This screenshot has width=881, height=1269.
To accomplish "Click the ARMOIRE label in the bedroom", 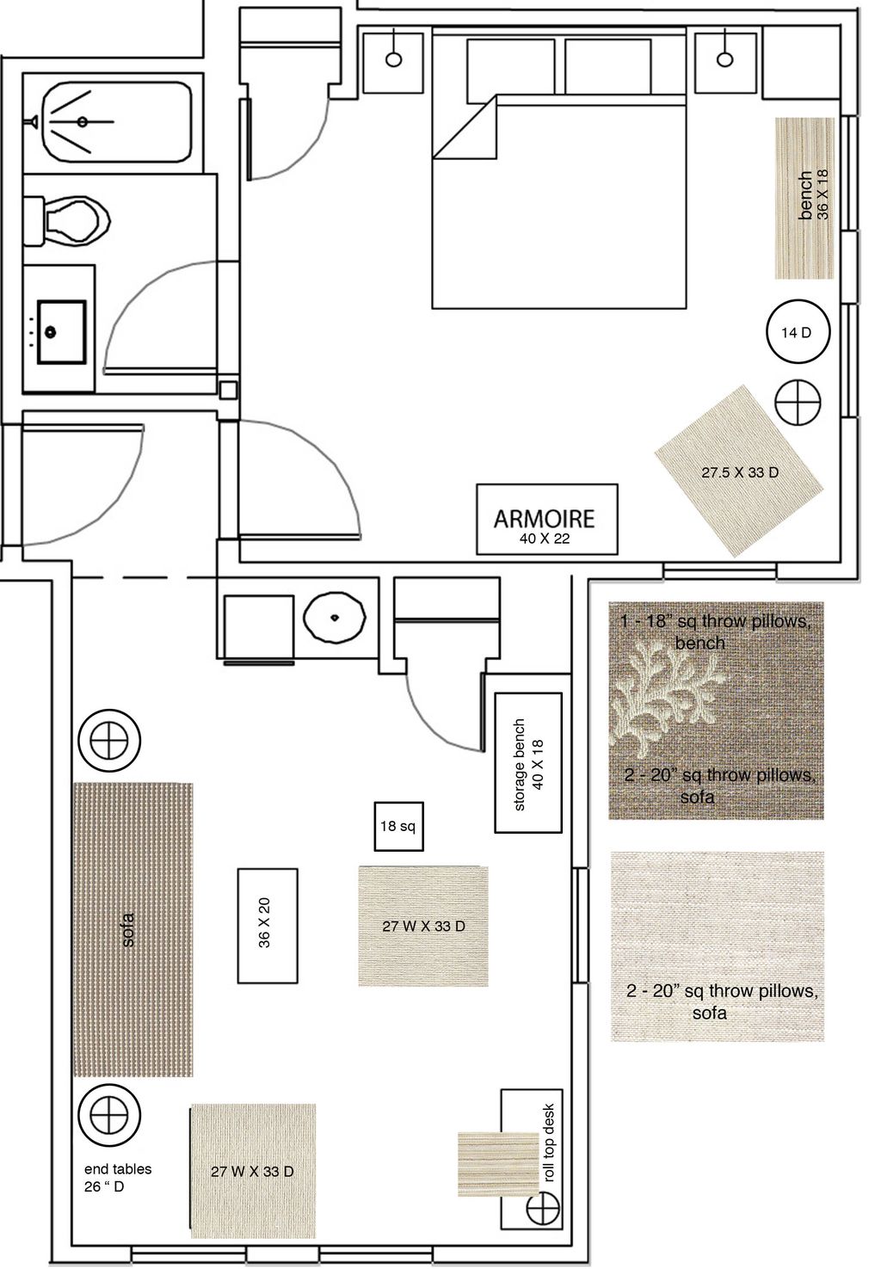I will pyautogui.click(x=544, y=518).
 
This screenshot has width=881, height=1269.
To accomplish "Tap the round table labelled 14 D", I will pyautogui.click(x=796, y=332).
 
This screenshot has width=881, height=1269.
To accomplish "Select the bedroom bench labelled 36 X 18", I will pyautogui.click(x=805, y=198).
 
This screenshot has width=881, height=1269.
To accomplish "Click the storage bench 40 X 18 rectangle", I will pyautogui.click(x=528, y=763).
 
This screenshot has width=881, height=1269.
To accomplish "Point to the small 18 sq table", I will pyautogui.click(x=397, y=826).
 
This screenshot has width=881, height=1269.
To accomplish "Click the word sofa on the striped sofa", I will pyautogui.click(x=129, y=930).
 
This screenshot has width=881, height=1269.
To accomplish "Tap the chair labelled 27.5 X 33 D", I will pyautogui.click(x=739, y=472).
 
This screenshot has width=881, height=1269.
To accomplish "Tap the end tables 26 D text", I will pyautogui.click(x=117, y=1177).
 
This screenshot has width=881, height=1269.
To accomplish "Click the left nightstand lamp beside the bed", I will pyautogui.click(x=393, y=59).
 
